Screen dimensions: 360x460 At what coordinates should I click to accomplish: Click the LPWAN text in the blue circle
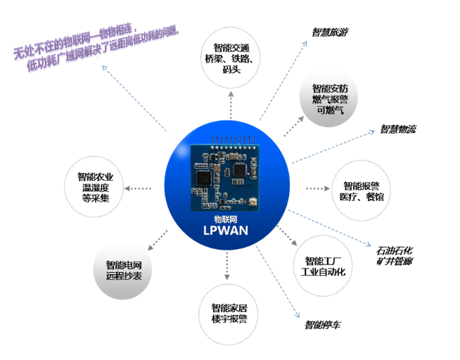(226, 231)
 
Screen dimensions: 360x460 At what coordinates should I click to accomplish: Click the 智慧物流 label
(398, 129)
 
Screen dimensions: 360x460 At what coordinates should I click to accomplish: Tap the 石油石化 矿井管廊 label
(395, 255)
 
